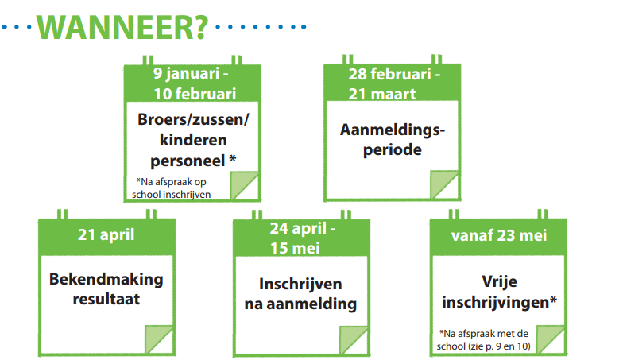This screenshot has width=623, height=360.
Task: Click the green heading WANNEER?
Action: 122,27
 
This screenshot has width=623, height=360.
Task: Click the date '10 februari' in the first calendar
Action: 195,94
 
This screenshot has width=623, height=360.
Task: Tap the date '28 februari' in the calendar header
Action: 389,75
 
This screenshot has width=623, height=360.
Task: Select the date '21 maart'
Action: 381,94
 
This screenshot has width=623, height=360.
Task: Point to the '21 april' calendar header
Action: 106,235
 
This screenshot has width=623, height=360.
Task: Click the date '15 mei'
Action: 296,248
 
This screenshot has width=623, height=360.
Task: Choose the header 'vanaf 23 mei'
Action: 499,235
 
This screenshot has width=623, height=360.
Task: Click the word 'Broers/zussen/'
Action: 194,119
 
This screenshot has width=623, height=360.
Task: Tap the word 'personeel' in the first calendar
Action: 188,161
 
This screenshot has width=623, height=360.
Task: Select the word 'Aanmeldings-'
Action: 393,130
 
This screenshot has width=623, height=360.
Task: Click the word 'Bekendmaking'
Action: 106,279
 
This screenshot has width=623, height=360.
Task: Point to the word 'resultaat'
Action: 106,299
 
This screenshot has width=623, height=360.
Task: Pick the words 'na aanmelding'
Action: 300,304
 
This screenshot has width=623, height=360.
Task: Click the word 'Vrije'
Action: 499,281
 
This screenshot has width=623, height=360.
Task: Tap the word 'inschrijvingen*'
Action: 499,302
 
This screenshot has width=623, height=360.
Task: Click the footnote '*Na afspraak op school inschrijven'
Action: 172,188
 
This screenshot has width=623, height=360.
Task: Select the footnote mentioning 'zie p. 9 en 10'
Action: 483,340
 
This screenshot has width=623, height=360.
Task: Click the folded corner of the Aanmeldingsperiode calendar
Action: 444,184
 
